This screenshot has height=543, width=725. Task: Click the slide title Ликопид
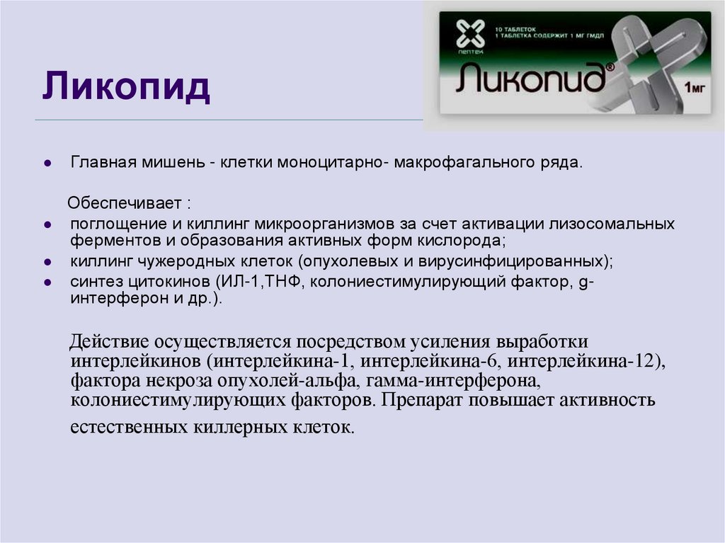[x=125, y=88]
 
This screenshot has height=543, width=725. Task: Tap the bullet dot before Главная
[x=47, y=164]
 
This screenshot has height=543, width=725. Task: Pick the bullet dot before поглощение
[x=47, y=224]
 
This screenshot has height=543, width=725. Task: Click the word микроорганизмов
[x=329, y=224]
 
